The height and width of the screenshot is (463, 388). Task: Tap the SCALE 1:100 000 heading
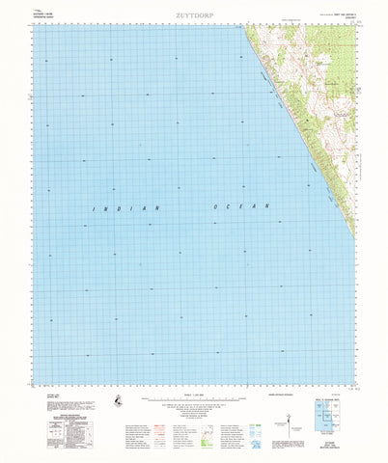[193, 392]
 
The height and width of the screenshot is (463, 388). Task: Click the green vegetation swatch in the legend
[254, 410]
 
